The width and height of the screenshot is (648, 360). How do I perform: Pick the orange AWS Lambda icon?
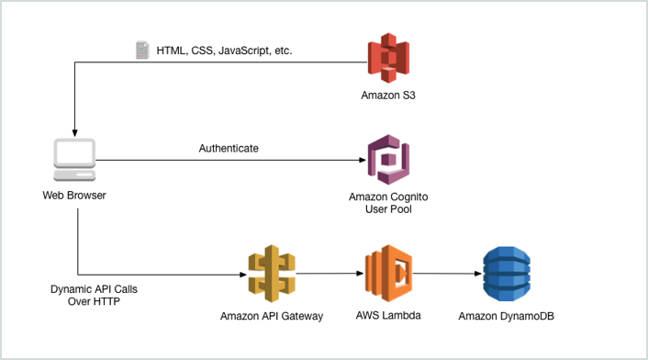click(387, 272)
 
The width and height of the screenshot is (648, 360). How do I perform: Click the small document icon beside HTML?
click(142, 51)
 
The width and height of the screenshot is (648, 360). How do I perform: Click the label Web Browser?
click(73, 195)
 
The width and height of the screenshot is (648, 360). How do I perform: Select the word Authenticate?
click(229, 148)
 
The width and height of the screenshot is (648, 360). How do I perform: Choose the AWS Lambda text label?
click(387, 314)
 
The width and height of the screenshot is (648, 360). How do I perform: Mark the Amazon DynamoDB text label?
click(507, 316)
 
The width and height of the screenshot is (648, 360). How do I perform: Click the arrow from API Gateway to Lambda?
click(327, 273)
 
